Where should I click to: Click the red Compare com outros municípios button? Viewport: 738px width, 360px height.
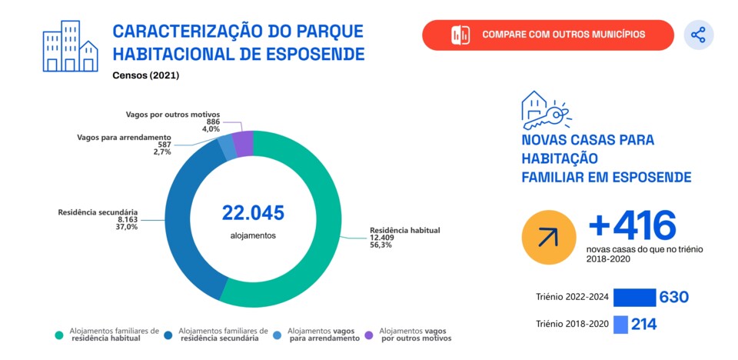tap(547, 35)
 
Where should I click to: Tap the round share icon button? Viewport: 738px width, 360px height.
tap(698, 35)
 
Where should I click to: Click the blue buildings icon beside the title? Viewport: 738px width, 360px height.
tap(70, 46)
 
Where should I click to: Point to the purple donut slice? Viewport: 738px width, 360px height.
tap(243, 144)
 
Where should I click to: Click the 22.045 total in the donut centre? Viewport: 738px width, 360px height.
tap(253, 212)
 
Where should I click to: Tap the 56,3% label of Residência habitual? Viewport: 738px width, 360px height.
tap(381, 246)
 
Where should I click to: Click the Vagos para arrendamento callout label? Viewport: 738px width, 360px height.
tap(124, 137)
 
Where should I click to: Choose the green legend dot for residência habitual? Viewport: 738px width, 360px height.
tap(58, 335)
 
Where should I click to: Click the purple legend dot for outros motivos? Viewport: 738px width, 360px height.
tap(368, 335)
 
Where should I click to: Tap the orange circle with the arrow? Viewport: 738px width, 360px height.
tap(548, 236)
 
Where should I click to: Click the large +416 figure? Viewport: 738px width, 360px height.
tap(632, 226)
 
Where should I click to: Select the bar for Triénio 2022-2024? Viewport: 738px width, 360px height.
tap(634, 298)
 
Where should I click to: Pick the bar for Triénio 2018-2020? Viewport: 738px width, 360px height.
tap(620, 325)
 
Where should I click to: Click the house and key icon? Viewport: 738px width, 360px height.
tap(544, 111)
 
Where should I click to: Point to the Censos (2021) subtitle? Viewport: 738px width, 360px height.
tap(145, 75)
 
